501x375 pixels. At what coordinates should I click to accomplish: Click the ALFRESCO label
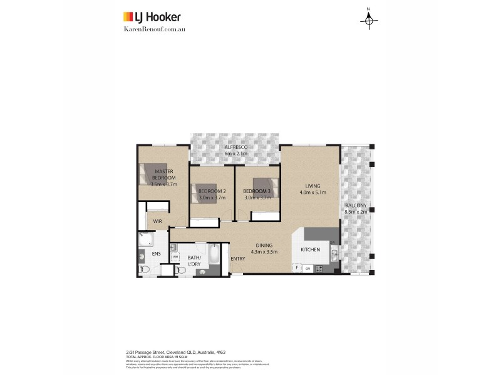coord(237,146)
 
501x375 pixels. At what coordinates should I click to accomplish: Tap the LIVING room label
coord(312,186)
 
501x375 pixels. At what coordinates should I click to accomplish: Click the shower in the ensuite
coord(145,240)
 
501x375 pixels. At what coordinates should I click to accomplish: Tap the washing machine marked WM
coord(175,257)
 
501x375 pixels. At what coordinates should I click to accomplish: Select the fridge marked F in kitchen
coord(297,268)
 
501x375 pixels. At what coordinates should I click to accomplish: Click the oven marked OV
coord(307,268)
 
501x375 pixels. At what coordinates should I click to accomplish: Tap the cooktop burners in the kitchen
coord(319,269)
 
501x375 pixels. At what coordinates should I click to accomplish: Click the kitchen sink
coord(334,253)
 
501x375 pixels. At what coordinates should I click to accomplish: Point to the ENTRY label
coord(238,259)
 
